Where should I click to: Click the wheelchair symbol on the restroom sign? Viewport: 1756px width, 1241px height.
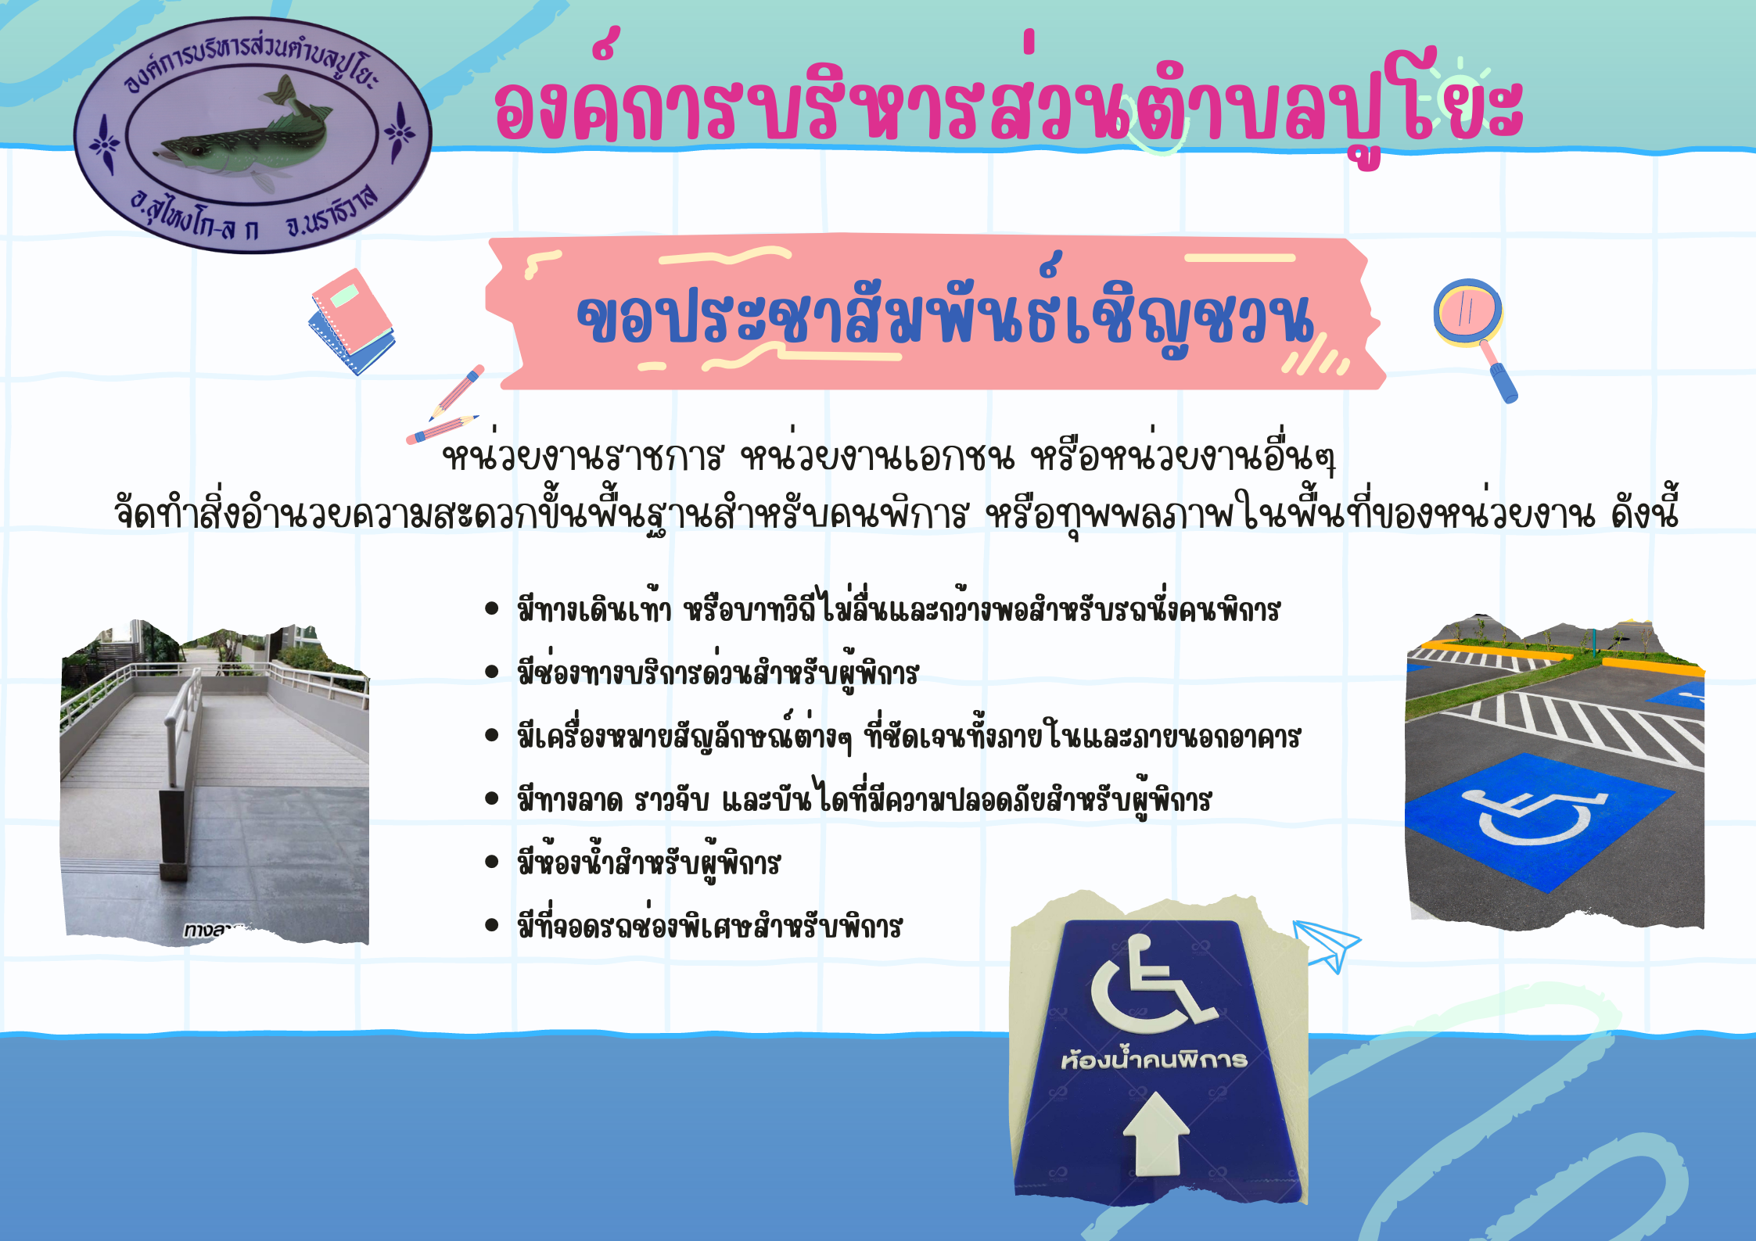[1153, 984]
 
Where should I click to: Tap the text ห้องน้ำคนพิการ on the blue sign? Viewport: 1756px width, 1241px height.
[1154, 1058]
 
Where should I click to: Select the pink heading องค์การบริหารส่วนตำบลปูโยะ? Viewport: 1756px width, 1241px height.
[1009, 102]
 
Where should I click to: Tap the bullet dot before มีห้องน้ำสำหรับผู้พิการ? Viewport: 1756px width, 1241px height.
[491, 862]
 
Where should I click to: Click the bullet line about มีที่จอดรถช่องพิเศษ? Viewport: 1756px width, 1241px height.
[709, 925]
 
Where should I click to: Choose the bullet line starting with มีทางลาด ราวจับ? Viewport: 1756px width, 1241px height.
[864, 798]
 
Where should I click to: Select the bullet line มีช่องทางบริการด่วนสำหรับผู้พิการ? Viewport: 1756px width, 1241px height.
[717, 671]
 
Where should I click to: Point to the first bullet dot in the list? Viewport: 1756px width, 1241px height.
[491, 608]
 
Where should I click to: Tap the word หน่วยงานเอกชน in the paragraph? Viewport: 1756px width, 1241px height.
[877, 456]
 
